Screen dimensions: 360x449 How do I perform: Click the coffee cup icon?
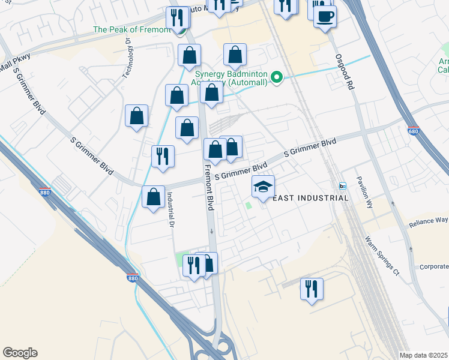click(x=325, y=17)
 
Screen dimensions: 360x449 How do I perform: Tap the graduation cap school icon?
click(x=263, y=188)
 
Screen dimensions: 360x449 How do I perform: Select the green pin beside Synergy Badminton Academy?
click(x=277, y=77)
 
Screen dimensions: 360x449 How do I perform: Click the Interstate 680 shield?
click(x=414, y=130)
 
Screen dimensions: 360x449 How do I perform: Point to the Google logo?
click(x=20, y=353)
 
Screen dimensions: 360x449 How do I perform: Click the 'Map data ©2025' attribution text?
click(x=423, y=355)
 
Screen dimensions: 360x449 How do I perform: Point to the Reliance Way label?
click(x=429, y=222)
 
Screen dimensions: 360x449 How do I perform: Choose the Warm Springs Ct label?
click(x=382, y=256)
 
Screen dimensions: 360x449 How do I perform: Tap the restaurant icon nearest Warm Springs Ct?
click(x=311, y=289)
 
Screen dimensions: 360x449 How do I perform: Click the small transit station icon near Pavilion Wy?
click(x=343, y=185)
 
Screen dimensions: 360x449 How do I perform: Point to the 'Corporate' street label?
click(x=433, y=267)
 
